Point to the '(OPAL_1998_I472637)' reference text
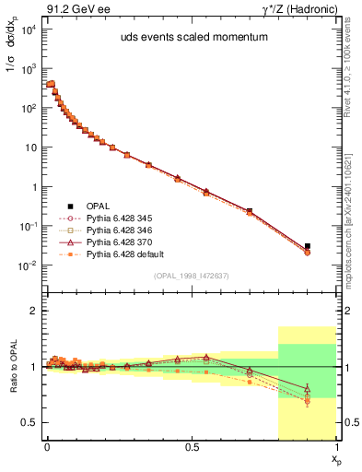192,277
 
